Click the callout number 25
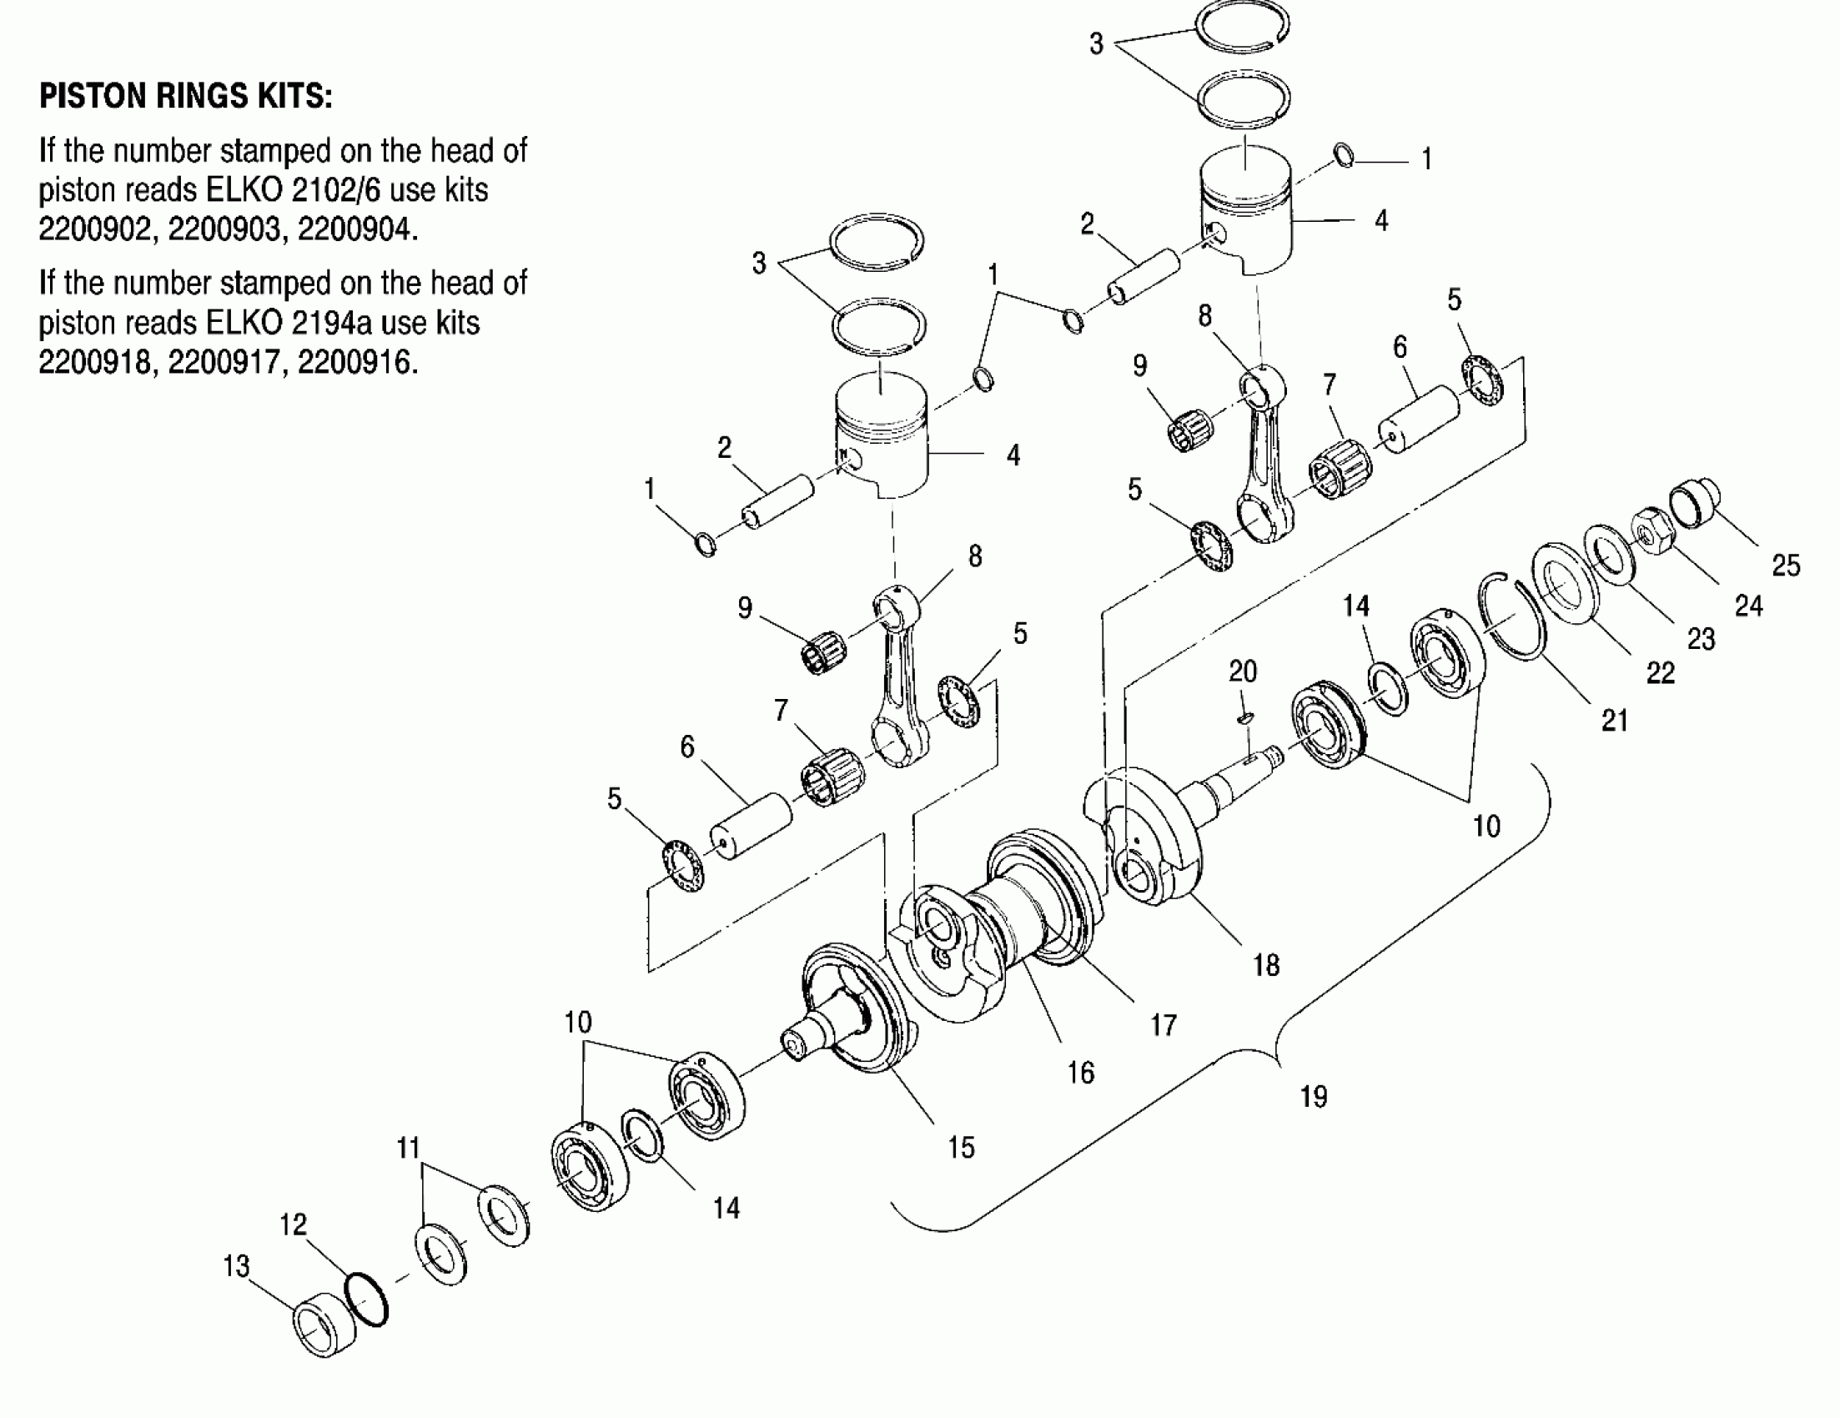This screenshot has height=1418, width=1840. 1785,565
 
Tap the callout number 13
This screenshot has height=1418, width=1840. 237,1266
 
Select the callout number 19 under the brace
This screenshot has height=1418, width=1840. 1314,1096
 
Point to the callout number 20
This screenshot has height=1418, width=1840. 1243,671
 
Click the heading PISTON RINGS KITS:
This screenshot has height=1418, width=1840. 185,97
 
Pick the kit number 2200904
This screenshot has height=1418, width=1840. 357,229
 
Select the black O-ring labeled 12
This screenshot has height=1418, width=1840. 366,1300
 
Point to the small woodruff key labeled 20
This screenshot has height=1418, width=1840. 1246,717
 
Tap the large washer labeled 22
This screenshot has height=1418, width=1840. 1565,586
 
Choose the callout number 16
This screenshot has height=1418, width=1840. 1081,1073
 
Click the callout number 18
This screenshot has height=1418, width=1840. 1266,965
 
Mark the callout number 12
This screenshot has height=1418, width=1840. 294,1224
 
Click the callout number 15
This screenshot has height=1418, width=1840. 960,1148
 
